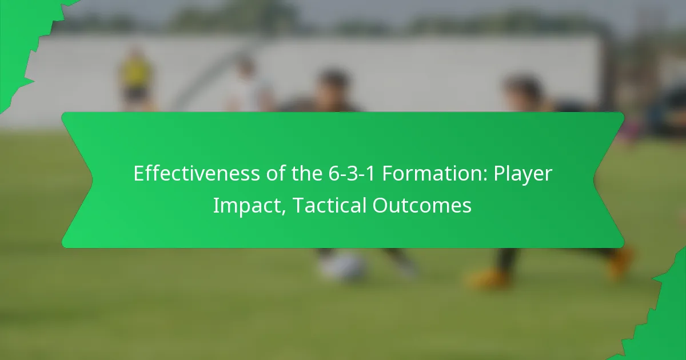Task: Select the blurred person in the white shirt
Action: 246,86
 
